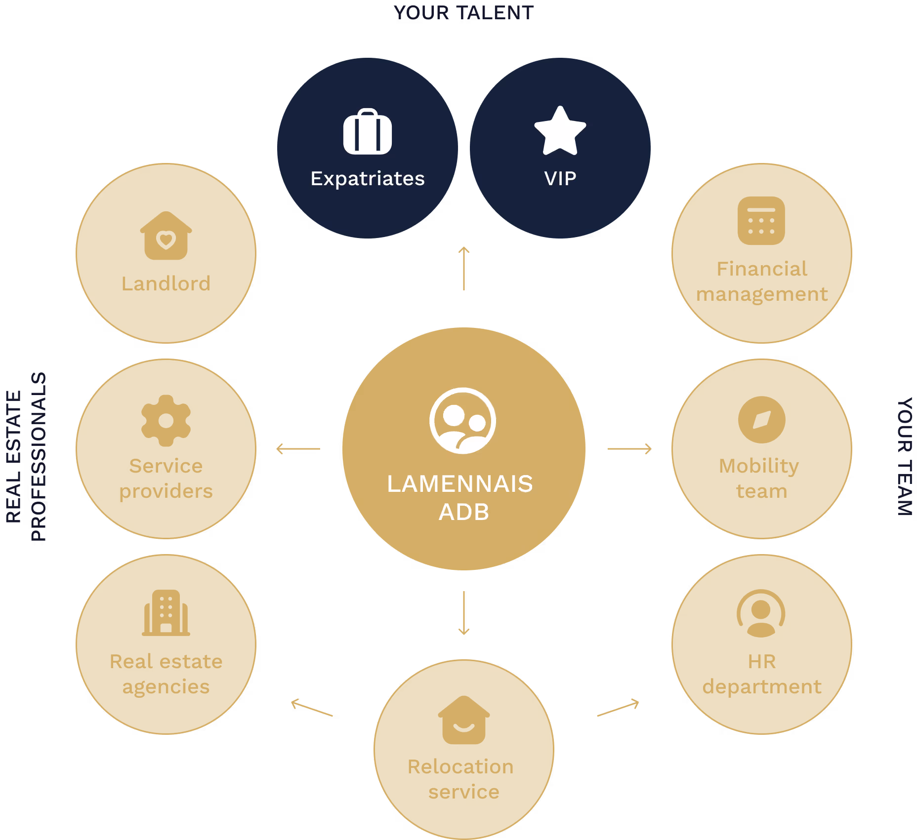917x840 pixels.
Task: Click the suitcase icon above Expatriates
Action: click(368, 132)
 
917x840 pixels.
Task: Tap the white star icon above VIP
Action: click(560, 131)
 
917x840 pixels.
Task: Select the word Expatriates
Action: click(368, 179)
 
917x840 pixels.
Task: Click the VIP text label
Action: click(560, 178)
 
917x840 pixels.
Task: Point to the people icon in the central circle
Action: click(462, 421)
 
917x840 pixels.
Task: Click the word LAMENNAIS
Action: click(460, 484)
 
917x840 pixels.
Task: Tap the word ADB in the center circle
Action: click(464, 512)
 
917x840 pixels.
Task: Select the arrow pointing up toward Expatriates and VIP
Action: click(463, 268)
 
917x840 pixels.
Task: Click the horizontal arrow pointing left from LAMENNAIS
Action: click(298, 449)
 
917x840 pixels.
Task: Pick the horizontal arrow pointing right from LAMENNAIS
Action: click(629, 449)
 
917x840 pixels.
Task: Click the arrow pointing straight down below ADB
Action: click(463, 613)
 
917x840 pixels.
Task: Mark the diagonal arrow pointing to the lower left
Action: click(312, 707)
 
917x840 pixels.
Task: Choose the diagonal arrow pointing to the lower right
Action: click(618, 708)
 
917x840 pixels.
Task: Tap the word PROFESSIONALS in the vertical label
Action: click(39, 457)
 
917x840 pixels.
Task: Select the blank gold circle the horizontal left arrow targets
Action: click(166, 449)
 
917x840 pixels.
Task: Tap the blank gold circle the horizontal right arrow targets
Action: click(761, 449)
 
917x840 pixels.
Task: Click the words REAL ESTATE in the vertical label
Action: click(13, 457)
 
